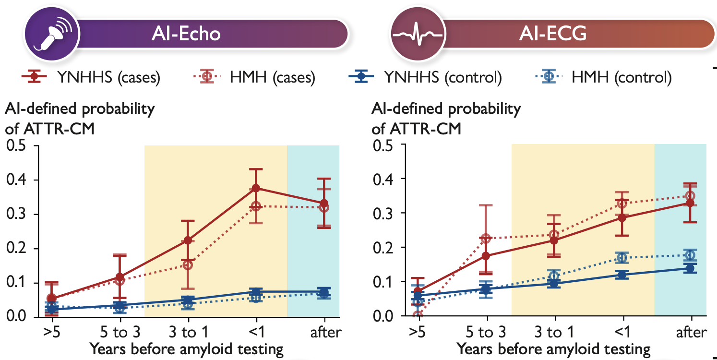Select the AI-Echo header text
pyautogui.click(x=186, y=34)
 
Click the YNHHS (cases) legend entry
pyautogui.click(x=91, y=77)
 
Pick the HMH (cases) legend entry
pyautogui.click(x=254, y=77)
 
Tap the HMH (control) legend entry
pyautogui.click(x=604, y=77)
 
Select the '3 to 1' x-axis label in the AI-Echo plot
pyautogui.click(x=188, y=333)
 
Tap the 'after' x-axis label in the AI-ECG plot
pyautogui.click(x=691, y=333)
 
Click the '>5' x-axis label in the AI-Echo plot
pyautogui.click(x=52, y=333)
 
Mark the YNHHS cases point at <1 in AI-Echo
pyautogui.click(x=256, y=188)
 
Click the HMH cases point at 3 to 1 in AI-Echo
pyautogui.click(x=188, y=265)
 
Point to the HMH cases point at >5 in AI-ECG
pyautogui.click(x=418, y=315)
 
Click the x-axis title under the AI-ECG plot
pyautogui.click(x=553, y=349)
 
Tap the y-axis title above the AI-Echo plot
pyautogui.click(x=79, y=119)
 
